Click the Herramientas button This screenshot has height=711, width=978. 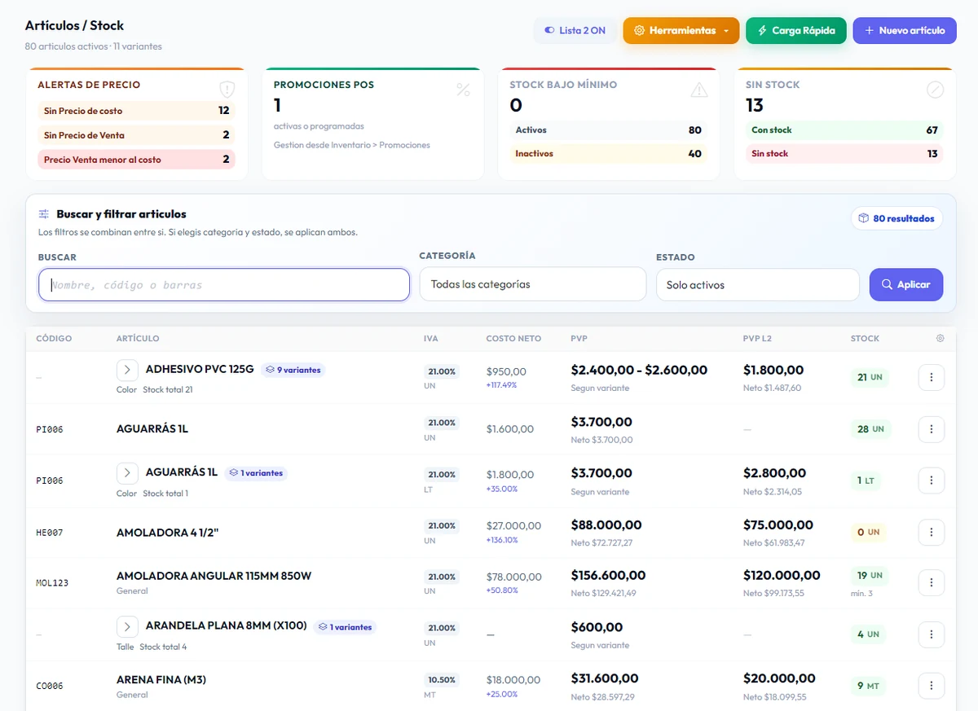tap(681, 30)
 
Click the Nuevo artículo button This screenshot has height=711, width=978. tap(904, 30)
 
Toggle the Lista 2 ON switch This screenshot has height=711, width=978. tap(575, 30)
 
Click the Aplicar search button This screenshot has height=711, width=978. tap(906, 284)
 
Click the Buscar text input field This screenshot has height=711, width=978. tap(224, 285)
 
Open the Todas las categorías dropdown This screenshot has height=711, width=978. tap(533, 284)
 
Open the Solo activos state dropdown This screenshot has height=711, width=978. tap(757, 285)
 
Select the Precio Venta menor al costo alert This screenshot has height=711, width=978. tap(136, 160)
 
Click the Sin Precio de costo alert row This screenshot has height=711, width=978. tap(136, 111)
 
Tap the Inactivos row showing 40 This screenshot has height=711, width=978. tap(608, 154)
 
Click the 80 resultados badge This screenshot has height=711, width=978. tap(896, 218)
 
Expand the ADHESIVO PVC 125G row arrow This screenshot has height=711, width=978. tap(127, 370)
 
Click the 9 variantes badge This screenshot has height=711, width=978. tap(293, 370)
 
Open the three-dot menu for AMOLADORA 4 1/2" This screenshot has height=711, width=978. tap(932, 532)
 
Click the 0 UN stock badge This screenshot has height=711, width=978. tap(869, 532)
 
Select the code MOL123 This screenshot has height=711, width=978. tap(52, 583)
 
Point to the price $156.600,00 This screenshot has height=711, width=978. tap(608, 575)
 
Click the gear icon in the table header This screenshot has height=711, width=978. tap(940, 338)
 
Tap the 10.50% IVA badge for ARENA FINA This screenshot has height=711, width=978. tap(442, 679)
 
